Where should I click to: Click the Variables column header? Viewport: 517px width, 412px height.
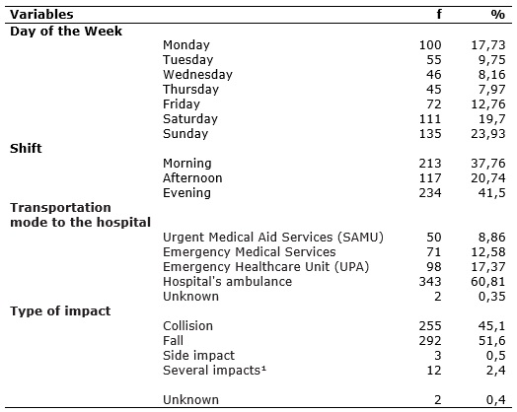(41, 15)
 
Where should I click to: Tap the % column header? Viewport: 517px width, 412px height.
(497, 15)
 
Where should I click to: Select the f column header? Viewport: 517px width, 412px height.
(439, 15)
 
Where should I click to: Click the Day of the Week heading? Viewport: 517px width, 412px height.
(66, 32)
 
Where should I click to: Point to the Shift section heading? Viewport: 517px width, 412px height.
(26, 149)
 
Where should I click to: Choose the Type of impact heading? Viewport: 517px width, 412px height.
(60, 311)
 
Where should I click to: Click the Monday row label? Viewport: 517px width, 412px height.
(186, 45)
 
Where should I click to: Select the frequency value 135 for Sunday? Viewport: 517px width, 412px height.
(430, 134)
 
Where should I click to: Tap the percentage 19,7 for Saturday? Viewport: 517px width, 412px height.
(492, 119)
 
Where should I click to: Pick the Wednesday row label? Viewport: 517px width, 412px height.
(198, 75)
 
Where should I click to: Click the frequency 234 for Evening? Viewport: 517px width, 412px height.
(430, 193)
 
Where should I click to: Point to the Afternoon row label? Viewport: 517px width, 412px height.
(192, 178)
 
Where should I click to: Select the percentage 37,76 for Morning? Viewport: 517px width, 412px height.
(488, 164)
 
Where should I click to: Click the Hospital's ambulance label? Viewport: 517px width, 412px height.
(228, 282)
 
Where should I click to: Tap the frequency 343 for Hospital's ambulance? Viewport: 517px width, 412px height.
(430, 282)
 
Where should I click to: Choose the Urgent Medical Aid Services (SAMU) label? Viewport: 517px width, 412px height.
(273, 238)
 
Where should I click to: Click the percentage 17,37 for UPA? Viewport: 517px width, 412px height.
(488, 267)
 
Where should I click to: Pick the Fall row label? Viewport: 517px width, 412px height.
(173, 341)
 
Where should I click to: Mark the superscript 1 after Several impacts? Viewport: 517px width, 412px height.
(263, 368)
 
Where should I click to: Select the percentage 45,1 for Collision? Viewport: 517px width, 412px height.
(492, 326)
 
